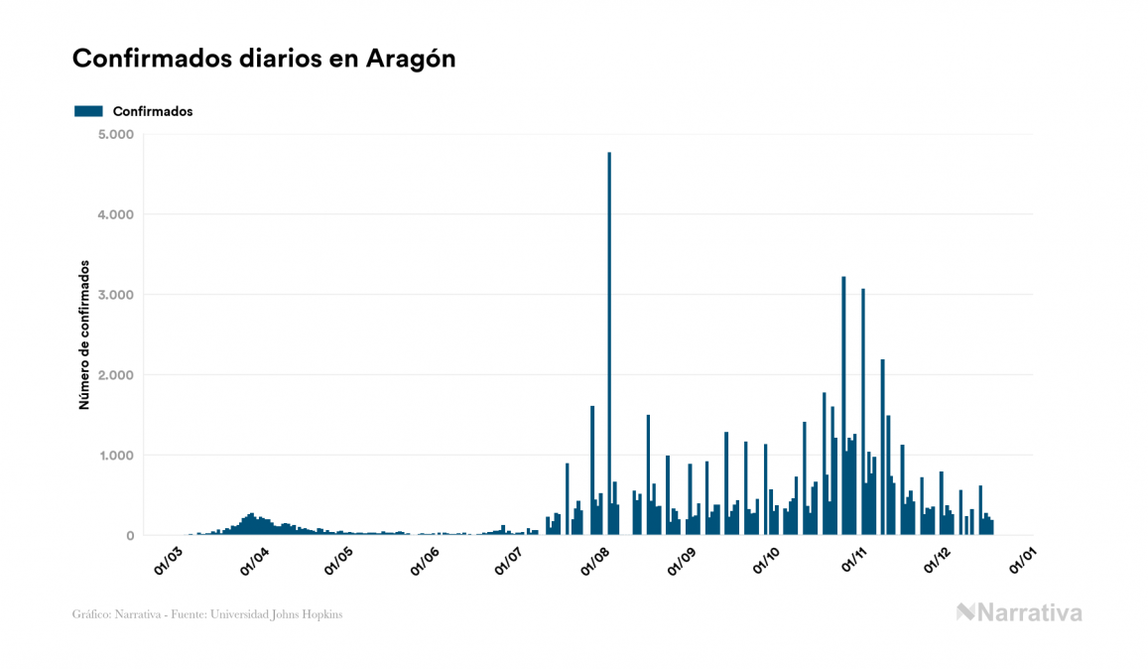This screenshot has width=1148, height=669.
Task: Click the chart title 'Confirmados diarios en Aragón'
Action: [264, 59]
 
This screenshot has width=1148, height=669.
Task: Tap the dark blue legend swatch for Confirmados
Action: [88, 111]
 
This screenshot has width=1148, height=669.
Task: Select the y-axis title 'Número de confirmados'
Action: [84, 335]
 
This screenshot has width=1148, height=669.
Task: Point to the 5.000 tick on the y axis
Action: [115, 134]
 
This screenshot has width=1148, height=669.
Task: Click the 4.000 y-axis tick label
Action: [115, 214]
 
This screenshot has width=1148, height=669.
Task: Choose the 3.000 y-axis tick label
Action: [115, 295]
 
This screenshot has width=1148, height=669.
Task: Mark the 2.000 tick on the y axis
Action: [115, 375]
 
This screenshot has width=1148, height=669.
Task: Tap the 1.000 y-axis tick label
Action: [115, 456]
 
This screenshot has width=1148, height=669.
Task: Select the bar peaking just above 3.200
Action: [843, 407]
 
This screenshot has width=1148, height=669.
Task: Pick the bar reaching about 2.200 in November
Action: [882, 447]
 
